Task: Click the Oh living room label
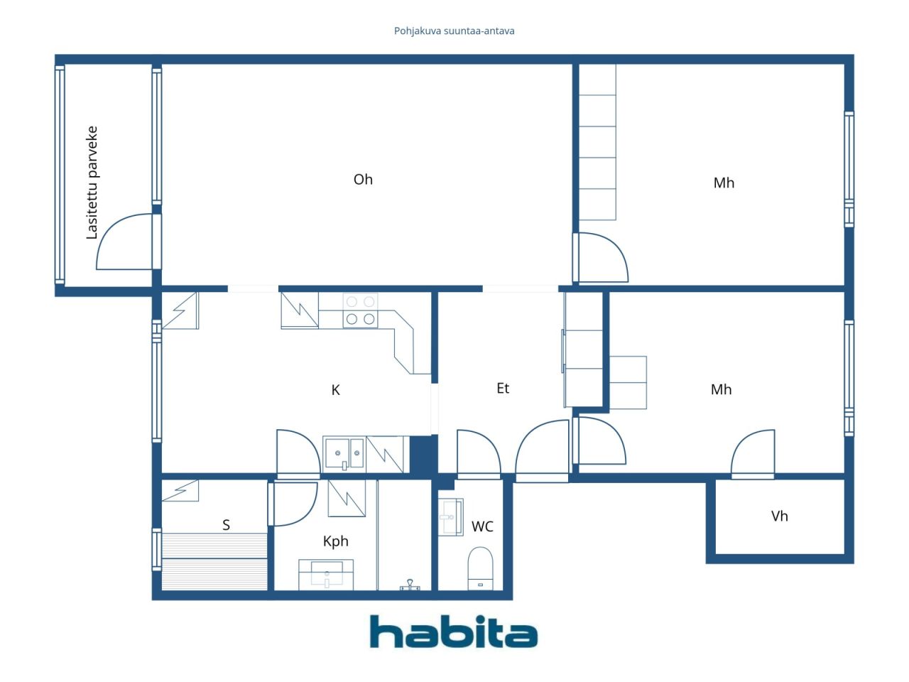click(363, 180)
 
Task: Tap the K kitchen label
click(336, 390)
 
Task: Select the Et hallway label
click(503, 389)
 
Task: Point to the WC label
click(482, 526)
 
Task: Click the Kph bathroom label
click(336, 541)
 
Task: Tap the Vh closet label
click(780, 516)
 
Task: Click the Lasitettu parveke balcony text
click(92, 183)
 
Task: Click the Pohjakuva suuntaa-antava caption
click(454, 31)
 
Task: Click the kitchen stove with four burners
click(360, 310)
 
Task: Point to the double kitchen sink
click(344, 453)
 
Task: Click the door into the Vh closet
click(753, 453)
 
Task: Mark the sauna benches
click(214, 560)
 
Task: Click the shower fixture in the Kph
click(410, 585)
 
